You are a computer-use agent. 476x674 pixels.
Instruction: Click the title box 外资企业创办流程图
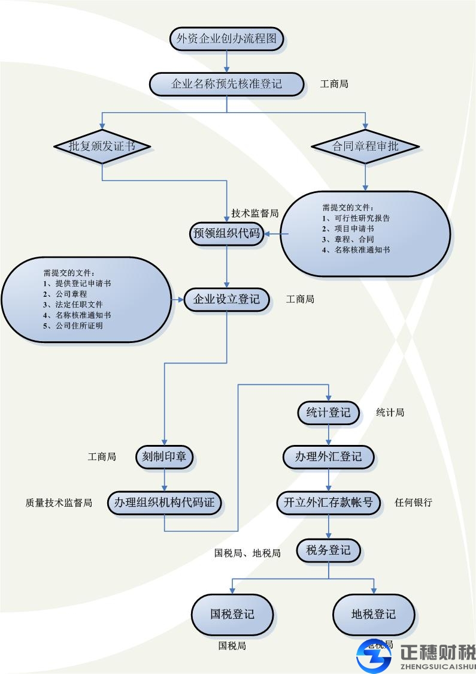(227, 40)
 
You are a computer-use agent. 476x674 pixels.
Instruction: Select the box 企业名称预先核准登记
(227, 84)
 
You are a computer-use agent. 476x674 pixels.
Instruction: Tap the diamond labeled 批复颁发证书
(102, 146)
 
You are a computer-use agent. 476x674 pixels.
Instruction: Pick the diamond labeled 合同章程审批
(365, 146)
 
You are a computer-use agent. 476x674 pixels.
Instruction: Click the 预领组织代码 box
(226, 233)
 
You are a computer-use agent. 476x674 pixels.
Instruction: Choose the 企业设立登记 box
(226, 299)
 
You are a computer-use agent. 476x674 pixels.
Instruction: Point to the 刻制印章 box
(165, 456)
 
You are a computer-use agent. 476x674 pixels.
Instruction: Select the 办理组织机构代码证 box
(165, 503)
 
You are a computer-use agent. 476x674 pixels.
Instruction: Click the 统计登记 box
(329, 413)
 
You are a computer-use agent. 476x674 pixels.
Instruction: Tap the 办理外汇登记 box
(329, 456)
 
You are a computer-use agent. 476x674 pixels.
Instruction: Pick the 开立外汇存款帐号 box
(329, 503)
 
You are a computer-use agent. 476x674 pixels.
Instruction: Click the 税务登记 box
(329, 550)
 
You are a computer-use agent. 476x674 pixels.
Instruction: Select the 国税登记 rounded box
(232, 614)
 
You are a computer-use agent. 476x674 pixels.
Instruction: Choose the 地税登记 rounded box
(374, 614)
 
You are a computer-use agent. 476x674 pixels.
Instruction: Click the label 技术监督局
(255, 213)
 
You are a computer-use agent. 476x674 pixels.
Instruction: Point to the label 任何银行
(413, 503)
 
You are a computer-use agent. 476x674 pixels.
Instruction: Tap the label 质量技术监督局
(59, 503)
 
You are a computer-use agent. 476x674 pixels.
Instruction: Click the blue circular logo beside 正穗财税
(374, 655)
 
